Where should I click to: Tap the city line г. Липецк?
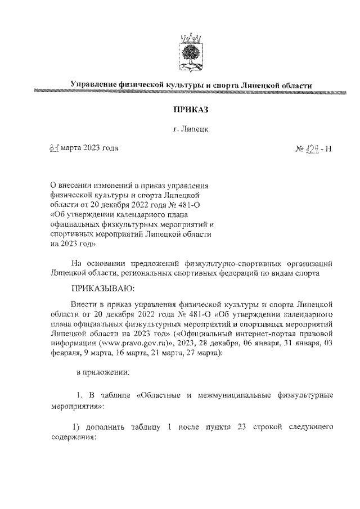click(x=191, y=129)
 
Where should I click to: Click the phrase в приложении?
click(x=103, y=372)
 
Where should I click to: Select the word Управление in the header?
click(x=93, y=84)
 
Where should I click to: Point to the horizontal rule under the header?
click(x=191, y=91)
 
